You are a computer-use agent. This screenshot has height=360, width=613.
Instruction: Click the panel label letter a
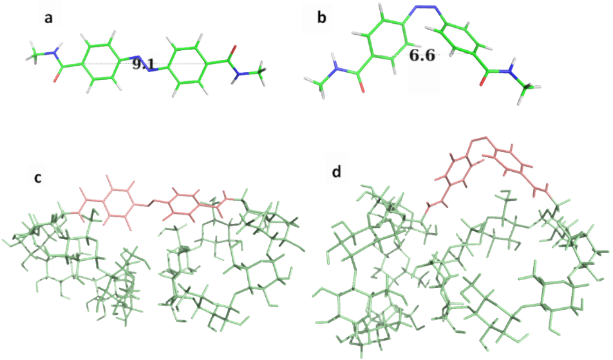pyautogui.click(x=48, y=18)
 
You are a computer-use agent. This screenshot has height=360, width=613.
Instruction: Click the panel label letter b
pyautogui.click(x=322, y=17)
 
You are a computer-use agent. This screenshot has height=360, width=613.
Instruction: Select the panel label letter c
pyautogui.click(x=38, y=177)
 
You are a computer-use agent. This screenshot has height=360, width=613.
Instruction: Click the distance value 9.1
pyautogui.click(x=142, y=64)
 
